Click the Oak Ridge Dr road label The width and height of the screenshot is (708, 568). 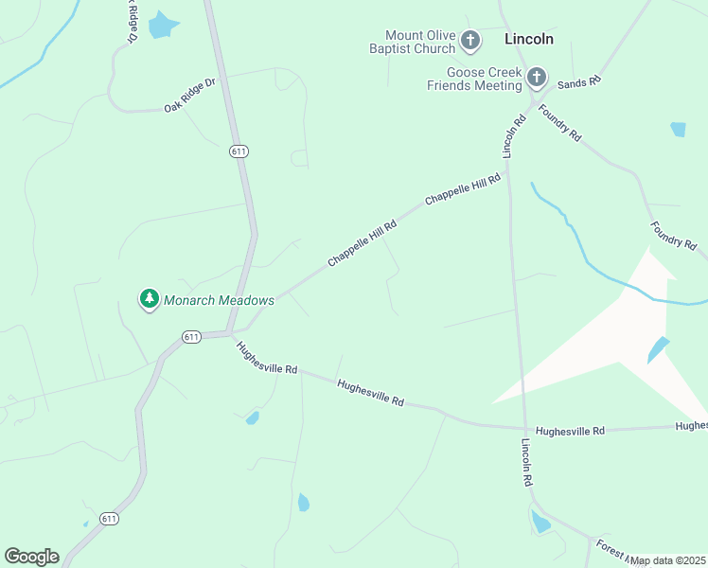coord(189,95)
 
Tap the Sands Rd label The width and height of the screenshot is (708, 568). coord(579,83)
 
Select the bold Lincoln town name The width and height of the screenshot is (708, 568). coord(529,40)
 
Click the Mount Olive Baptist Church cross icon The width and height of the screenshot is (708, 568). coord(470,41)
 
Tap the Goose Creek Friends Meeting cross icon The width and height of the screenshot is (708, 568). coord(537,78)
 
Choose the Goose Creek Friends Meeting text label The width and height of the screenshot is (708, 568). coord(485,79)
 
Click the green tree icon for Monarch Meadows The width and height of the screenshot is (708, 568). coord(149,299)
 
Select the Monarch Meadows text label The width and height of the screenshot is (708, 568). coord(219,300)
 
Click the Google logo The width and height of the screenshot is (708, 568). coord(31,557)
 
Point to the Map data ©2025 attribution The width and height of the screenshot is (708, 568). coord(668,560)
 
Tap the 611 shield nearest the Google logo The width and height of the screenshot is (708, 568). coord(110,519)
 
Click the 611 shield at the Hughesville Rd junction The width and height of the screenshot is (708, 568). coord(192,337)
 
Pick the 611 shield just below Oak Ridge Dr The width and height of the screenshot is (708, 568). coord(238,151)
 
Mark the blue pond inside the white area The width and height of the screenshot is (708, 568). coord(658,350)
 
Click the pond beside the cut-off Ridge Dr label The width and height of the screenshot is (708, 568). coord(163,25)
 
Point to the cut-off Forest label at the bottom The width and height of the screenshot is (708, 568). coord(607,548)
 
